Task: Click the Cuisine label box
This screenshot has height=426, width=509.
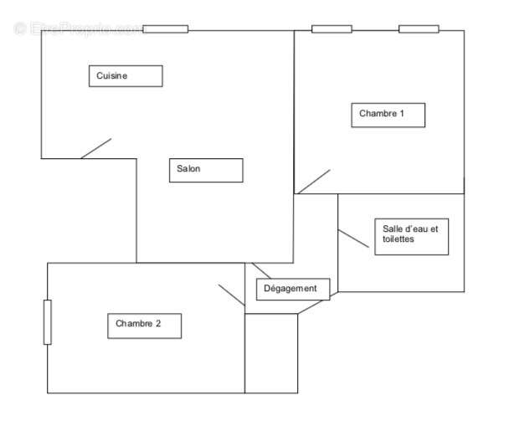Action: tap(126, 76)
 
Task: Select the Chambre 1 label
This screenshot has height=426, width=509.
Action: tap(388, 115)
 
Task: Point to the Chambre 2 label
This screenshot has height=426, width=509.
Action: tap(144, 326)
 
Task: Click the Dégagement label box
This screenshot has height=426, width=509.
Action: tap(292, 289)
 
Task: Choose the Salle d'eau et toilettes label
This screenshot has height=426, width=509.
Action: tap(411, 235)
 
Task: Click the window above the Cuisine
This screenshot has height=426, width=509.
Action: tap(165, 29)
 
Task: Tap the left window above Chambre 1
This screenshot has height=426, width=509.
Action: tap(332, 29)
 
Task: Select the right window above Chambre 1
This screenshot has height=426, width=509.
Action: tap(419, 29)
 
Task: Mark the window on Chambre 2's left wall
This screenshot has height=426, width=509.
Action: tap(48, 321)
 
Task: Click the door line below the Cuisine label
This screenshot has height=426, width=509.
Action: tap(95, 148)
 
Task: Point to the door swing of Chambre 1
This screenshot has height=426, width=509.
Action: tap(314, 182)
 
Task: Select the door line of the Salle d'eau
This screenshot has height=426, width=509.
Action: tap(352, 239)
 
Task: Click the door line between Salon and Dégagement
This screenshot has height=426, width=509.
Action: tap(261, 270)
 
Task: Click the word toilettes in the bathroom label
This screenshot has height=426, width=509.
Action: tap(398, 239)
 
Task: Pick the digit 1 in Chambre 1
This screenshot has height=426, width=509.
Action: tap(402, 114)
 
